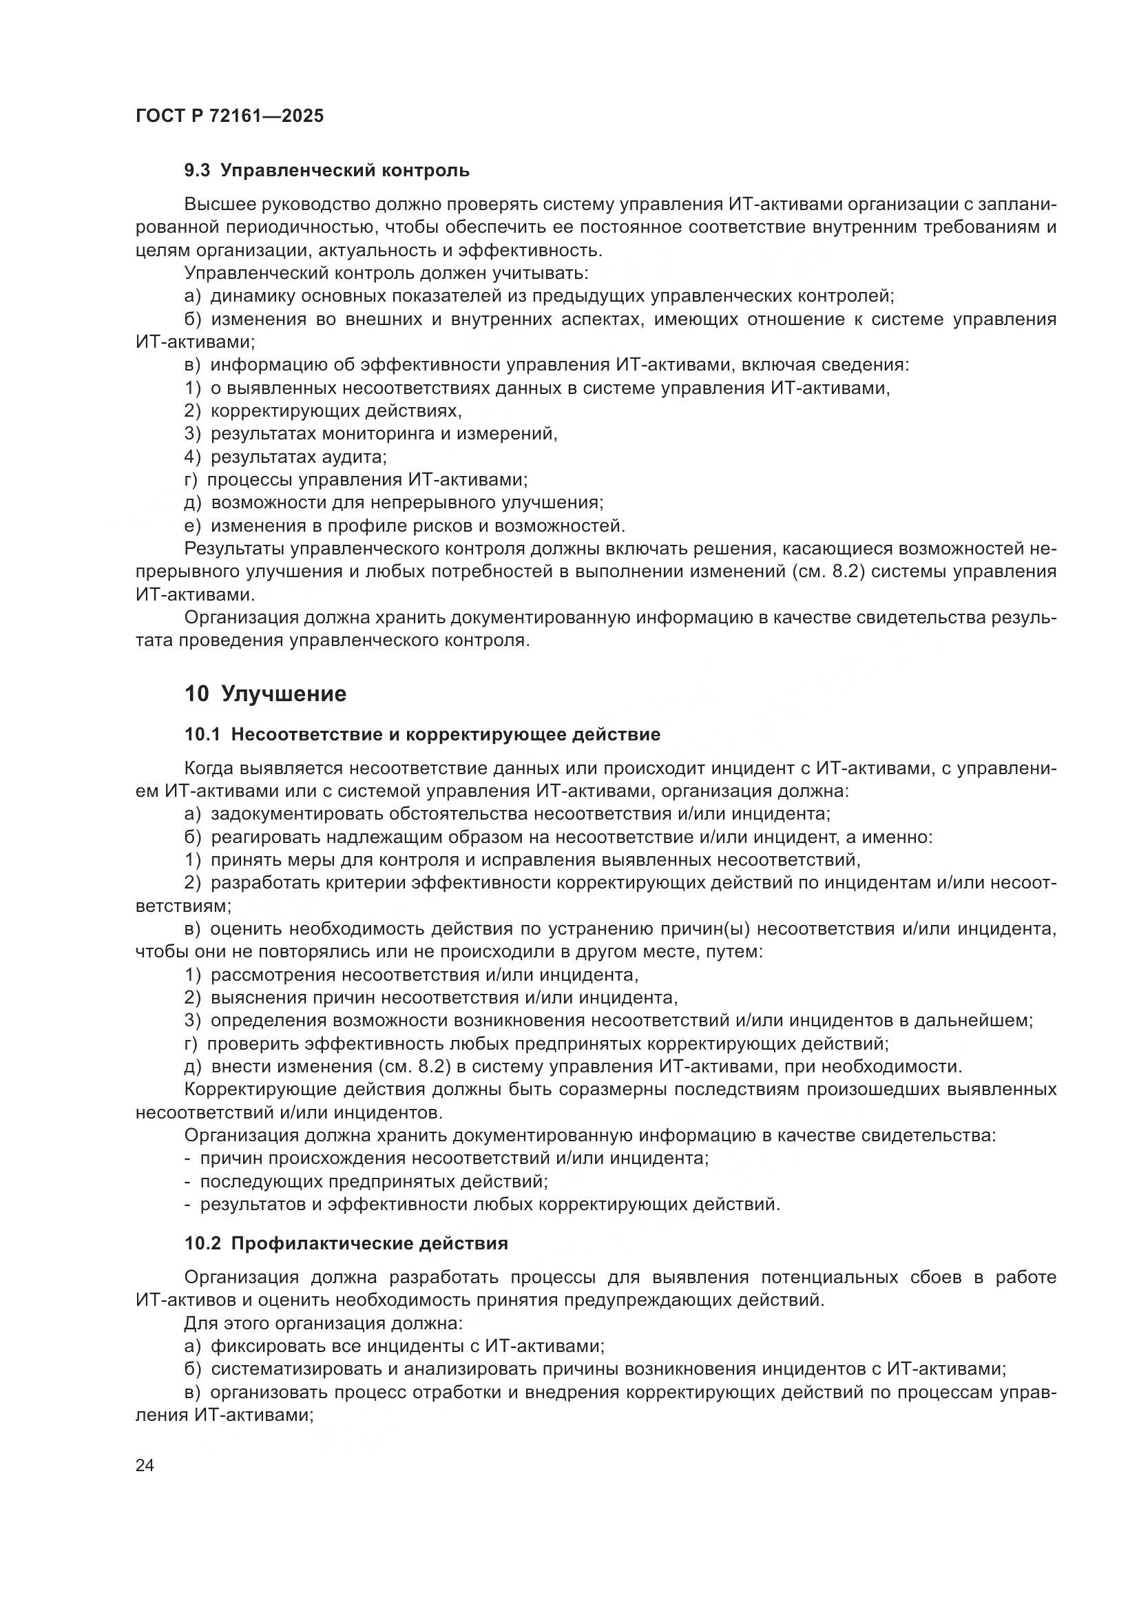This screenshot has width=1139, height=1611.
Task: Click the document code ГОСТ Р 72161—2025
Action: coord(229,116)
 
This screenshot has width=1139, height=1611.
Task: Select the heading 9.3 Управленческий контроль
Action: coord(327,171)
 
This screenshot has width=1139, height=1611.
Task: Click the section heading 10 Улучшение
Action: coord(265,694)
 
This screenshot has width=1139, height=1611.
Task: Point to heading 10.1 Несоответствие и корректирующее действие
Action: coord(422,735)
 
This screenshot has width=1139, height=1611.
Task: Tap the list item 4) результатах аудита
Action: coord(286,457)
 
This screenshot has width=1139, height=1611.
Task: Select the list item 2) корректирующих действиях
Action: coord(322,411)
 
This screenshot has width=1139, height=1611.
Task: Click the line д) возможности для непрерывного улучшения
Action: coord(393,503)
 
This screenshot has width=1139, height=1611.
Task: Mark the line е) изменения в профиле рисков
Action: coord(404,526)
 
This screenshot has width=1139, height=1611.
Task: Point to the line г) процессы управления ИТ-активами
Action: coord(355,480)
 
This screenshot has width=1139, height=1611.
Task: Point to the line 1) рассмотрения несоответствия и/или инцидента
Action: coord(411,975)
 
